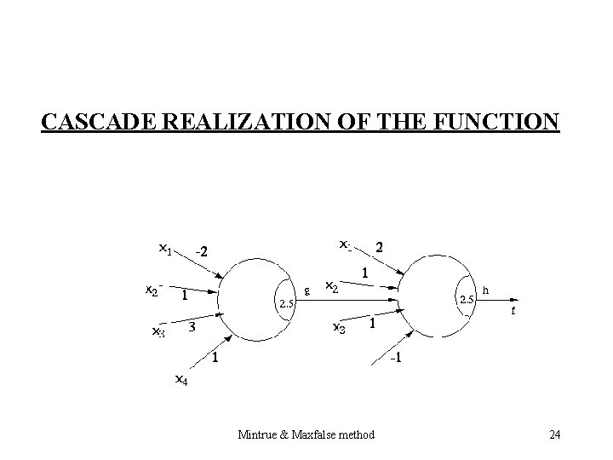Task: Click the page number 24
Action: (554, 435)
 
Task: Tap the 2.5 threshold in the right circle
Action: (467, 300)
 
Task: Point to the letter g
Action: (306, 290)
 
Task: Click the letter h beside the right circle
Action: (486, 290)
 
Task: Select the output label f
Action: (513, 312)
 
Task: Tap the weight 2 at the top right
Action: (380, 248)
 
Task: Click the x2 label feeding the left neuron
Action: (152, 290)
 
